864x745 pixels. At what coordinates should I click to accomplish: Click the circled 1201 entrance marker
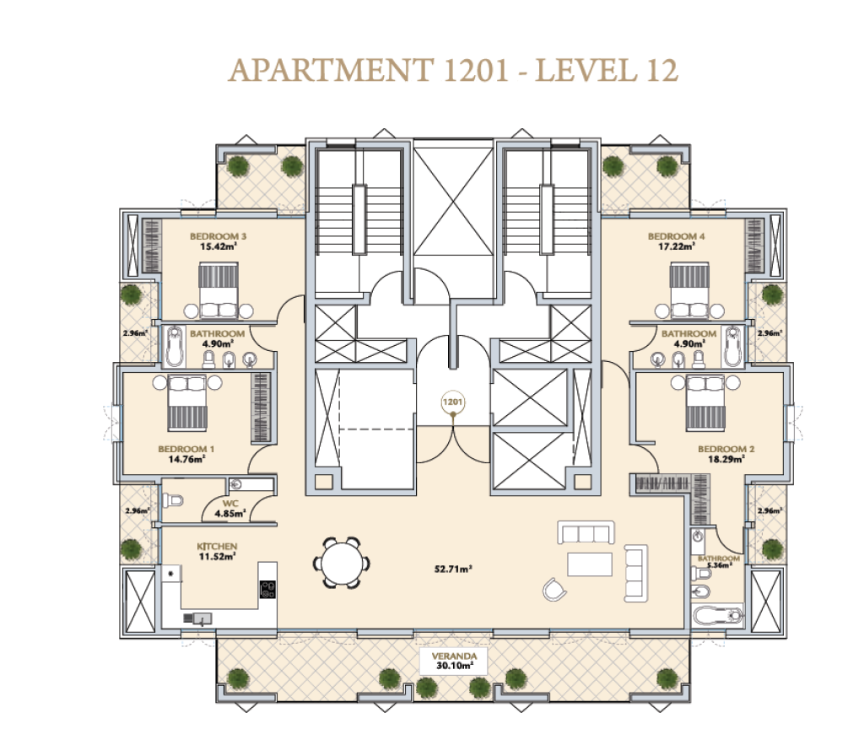[452, 402]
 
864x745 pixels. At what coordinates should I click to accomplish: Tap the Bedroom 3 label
[219, 236]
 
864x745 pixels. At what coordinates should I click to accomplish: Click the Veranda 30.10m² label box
[453, 661]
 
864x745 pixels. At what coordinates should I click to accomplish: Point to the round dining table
[341, 563]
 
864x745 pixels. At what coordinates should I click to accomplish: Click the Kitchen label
[217, 547]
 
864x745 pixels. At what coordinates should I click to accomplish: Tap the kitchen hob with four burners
[267, 589]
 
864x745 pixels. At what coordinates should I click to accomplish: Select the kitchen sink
[197, 618]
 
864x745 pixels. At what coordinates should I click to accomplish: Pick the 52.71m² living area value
[453, 569]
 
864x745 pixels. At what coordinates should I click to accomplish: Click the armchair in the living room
[554, 590]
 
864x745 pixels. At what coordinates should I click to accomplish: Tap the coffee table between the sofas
[590, 564]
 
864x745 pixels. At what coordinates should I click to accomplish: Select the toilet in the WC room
[172, 500]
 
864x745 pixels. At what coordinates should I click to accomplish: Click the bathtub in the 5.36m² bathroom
[717, 615]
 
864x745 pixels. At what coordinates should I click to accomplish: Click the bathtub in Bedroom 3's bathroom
[174, 346]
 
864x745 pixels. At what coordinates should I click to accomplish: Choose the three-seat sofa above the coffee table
[586, 532]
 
